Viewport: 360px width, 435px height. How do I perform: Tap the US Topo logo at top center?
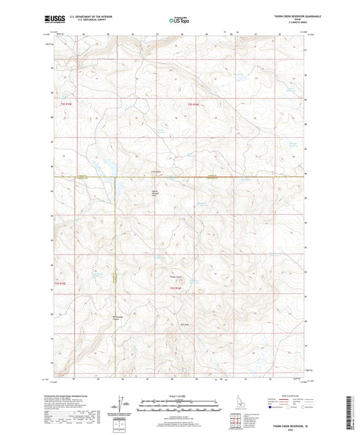(178, 20)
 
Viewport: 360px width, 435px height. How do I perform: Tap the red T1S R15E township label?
(61, 105)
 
